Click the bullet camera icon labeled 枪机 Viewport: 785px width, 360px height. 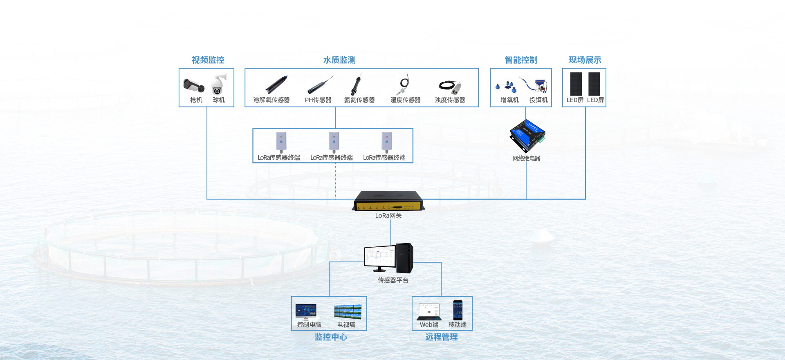(x=193, y=85)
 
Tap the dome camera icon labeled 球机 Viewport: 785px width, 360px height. (x=218, y=85)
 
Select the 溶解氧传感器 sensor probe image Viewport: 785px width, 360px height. (x=276, y=85)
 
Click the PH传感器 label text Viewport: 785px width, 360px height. (x=318, y=100)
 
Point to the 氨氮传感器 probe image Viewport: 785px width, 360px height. (x=356, y=85)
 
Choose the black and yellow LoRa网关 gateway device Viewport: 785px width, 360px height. (x=388, y=201)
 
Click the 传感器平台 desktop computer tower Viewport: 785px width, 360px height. (x=404, y=258)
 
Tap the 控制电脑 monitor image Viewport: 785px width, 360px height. (x=306, y=311)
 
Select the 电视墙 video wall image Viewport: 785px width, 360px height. (x=348, y=312)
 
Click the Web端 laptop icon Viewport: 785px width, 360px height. (x=429, y=312)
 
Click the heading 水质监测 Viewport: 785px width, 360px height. (x=339, y=60)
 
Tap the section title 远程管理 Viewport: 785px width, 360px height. (x=441, y=337)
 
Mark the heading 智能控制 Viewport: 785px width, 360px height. (x=521, y=60)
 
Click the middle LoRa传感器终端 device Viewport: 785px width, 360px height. (x=334, y=141)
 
